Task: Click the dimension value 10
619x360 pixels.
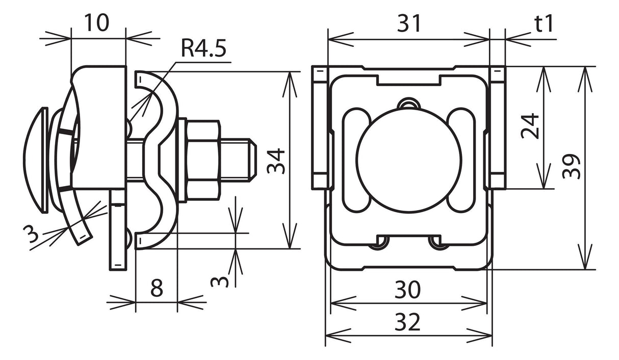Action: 97,23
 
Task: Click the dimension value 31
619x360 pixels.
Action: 409,23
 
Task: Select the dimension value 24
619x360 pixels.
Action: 530,126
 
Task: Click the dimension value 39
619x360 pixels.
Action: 571,166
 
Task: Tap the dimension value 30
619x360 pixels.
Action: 408,290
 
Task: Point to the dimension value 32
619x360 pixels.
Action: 408,322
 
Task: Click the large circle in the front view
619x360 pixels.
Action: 409,160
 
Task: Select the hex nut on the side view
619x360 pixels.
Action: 203,160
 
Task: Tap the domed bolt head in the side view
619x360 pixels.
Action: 36,160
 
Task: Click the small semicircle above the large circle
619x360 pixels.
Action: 409,104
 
